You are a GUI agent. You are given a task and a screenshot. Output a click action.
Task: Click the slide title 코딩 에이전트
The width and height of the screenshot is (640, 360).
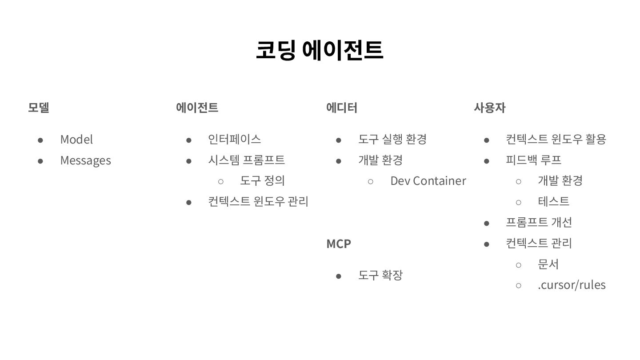tap(319, 50)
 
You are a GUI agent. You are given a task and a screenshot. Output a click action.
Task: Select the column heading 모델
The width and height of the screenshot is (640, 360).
tap(39, 108)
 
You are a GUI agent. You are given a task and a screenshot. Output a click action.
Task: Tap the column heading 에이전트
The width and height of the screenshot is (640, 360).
tap(197, 108)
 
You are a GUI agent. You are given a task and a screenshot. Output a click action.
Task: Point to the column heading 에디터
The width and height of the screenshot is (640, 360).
tap(341, 108)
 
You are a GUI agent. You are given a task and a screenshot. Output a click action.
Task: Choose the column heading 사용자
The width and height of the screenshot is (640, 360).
tap(489, 108)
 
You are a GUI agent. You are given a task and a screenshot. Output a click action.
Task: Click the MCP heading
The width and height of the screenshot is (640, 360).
tap(339, 244)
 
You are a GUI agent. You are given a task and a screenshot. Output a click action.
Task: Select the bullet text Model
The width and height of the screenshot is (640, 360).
tap(76, 140)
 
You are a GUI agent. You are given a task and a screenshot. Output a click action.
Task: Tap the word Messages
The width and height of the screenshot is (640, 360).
tap(85, 160)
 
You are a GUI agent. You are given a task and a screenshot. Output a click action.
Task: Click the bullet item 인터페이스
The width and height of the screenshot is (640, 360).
tap(234, 139)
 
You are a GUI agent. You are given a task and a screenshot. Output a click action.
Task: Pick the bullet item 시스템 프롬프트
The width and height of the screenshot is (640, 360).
tap(246, 160)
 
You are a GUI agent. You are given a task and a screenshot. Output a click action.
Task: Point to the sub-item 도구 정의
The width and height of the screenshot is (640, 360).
tap(262, 180)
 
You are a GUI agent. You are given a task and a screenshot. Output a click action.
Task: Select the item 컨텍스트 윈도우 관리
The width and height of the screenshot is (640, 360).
tap(258, 201)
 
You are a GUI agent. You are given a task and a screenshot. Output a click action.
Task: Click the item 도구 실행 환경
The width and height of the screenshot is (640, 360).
tap(392, 139)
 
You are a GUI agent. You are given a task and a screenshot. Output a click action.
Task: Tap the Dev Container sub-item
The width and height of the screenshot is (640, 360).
tap(428, 181)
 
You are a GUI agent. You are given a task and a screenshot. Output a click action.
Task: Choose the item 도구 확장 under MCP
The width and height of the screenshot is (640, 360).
tap(380, 275)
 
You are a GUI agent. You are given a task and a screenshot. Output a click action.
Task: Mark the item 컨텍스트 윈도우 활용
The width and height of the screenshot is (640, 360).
tap(556, 139)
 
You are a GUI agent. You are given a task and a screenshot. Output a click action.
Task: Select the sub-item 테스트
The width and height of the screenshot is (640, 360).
tap(553, 201)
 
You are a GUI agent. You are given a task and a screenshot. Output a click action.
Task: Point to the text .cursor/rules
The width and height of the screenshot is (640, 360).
tap(572, 285)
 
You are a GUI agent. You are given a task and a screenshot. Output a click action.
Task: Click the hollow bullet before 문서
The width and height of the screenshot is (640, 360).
tap(518, 264)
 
